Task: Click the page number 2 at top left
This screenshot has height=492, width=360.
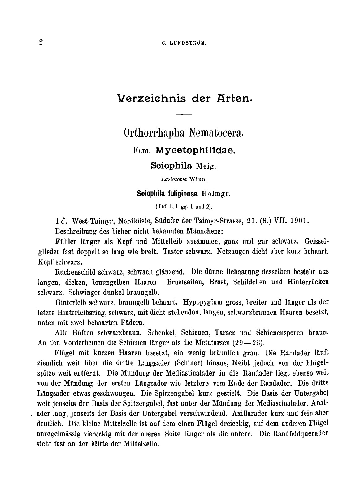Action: [41, 42]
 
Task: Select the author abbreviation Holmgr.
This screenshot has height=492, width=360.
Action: [216, 193]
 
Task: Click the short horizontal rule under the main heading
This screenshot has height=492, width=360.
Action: [184, 115]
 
